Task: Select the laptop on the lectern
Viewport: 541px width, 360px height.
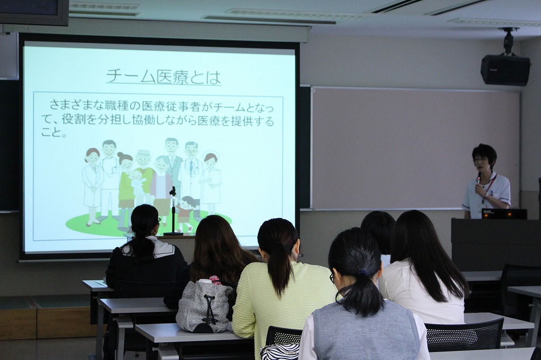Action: coord(504,214)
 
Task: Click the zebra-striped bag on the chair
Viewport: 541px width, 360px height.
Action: coord(279,352)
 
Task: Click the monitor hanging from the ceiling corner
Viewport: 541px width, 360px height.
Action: coord(34,13)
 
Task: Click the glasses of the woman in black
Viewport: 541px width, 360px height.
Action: coord(158,219)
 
